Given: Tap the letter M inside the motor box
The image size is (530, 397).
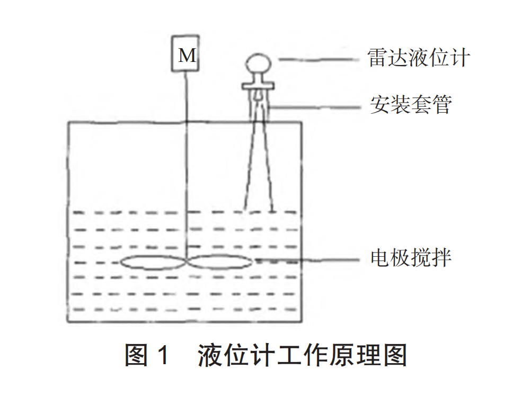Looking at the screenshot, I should [187, 56].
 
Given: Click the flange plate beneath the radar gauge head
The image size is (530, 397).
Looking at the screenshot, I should [258, 85].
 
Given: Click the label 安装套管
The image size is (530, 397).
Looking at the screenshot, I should [411, 105].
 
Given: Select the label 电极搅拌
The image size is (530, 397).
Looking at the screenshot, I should [411, 259].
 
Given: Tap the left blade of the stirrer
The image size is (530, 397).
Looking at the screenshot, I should [153, 261].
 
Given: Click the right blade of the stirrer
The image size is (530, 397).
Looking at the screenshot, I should [219, 261].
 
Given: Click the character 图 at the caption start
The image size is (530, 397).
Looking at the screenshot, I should [136, 355].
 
